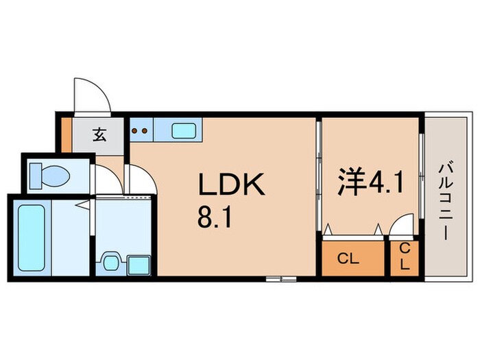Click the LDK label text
pyautogui.click(x=232, y=184)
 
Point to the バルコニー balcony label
pyautogui.click(x=446, y=202)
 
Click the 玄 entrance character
pyautogui.click(x=100, y=134)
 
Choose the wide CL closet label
pyautogui.click(x=348, y=259)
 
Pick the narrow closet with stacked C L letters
pyautogui.click(x=405, y=259)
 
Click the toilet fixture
pyautogui.click(x=49, y=176)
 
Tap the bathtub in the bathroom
pyautogui.click(x=32, y=238)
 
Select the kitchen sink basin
pyautogui.click(x=184, y=131)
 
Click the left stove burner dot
pyautogui.click(x=134, y=131)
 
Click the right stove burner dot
pyautogui.click(x=145, y=131)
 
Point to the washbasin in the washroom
pyautogui.click(x=110, y=263)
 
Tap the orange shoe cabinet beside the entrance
pyautogui.click(x=67, y=134)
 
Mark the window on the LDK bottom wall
pyautogui.click(x=281, y=279)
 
